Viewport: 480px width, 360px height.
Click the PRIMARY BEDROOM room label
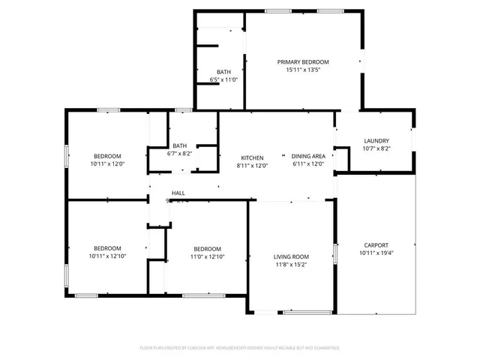tap(303, 61)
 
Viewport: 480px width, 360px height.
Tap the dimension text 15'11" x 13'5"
tap(303, 70)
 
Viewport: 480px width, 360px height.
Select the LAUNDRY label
tap(376, 140)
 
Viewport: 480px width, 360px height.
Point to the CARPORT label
tap(376, 244)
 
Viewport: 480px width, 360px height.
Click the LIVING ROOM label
tap(291, 256)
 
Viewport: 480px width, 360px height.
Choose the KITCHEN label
tap(252, 157)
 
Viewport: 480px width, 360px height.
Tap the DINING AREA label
tap(307, 157)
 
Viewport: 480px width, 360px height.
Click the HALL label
tap(178, 193)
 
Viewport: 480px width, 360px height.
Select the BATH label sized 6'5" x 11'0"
tap(223, 71)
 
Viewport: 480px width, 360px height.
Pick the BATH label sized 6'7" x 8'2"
tap(179, 145)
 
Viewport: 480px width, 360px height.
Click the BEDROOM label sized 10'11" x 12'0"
tap(107, 155)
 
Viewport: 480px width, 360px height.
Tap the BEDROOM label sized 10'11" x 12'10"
tap(107, 248)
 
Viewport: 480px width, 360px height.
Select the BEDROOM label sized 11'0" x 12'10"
tap(207, 248)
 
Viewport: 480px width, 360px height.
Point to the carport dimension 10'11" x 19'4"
tap(376, 253)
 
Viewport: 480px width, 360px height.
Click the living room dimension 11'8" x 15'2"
tap(291, 265)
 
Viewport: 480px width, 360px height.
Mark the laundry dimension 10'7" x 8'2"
tap(376, 148)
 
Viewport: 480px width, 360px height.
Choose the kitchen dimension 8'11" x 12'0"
tap(252, 166)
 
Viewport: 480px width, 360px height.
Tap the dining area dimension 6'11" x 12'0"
tap(307, 166)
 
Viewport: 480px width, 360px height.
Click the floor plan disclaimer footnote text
tap(239, 348)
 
